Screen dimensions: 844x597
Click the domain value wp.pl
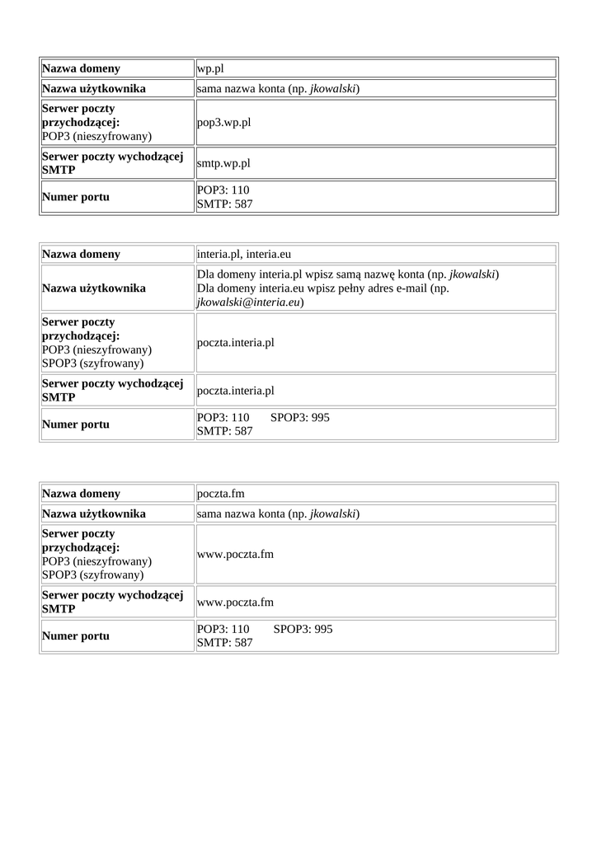(210, 69)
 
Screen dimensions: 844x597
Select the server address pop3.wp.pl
(223, 123)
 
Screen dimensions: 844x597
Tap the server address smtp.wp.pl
(223, 163)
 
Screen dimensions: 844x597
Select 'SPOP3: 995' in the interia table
(300, 418)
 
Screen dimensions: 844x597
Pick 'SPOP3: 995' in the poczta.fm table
(303, 629)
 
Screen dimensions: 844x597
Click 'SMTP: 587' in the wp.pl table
(225, 204)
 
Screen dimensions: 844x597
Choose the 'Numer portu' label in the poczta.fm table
(76, 636)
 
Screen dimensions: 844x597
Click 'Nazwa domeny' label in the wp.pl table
(81, 69)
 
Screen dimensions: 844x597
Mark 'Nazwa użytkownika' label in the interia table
(94, 288)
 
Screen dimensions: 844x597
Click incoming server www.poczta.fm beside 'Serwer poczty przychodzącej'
(235, 555)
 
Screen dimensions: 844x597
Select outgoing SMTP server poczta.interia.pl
(236, 391)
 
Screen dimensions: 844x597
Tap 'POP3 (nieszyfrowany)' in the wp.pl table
(96, 136)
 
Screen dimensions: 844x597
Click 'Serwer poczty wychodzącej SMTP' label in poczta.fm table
(112, 602)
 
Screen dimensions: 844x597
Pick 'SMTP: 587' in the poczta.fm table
(225, 642)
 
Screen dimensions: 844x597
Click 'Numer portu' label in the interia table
(76, 425)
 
